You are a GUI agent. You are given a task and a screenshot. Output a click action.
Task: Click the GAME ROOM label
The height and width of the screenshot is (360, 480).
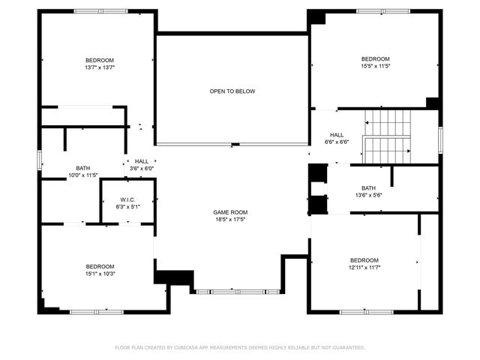232,212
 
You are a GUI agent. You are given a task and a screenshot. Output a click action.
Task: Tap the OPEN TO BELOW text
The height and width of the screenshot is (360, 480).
232,91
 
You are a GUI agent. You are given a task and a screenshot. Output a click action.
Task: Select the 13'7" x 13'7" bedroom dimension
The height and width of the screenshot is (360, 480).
99,67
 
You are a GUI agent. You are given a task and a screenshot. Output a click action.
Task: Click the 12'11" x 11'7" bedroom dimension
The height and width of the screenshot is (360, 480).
364,268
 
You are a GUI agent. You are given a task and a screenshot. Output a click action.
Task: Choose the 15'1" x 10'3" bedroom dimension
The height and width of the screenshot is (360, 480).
99,274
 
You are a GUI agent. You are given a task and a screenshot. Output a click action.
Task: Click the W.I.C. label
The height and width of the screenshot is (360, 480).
127,199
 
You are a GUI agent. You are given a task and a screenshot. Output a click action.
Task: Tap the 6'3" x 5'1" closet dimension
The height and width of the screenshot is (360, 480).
127,206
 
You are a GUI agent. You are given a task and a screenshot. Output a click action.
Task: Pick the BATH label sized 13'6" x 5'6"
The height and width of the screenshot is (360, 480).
368,187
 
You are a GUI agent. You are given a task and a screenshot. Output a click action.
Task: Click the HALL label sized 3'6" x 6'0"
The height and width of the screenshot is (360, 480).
141,161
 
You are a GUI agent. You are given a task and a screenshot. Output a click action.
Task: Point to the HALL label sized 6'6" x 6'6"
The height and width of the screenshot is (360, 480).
336,134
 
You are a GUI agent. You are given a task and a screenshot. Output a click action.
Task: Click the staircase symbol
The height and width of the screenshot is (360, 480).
388,135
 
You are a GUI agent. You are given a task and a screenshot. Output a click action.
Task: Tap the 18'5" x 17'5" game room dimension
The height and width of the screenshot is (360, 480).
232,220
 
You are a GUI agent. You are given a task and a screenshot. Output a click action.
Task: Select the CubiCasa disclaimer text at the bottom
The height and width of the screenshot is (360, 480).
239,347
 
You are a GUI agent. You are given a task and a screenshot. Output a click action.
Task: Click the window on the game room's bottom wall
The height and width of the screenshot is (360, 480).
237,291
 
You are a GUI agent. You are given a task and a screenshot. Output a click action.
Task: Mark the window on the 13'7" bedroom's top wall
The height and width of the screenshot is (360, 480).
100,10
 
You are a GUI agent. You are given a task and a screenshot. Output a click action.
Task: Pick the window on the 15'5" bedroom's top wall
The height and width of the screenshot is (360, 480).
383,10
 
